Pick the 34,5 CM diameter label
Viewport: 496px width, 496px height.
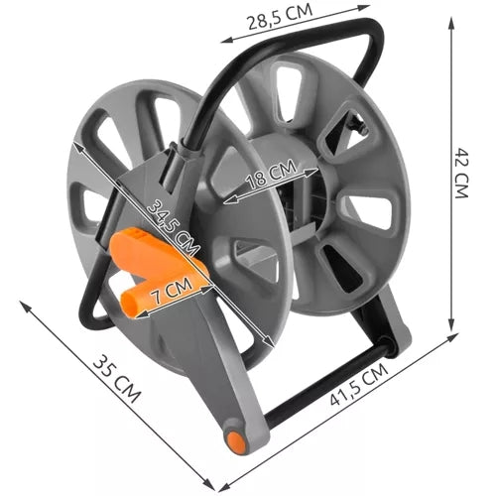(170, 226)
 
